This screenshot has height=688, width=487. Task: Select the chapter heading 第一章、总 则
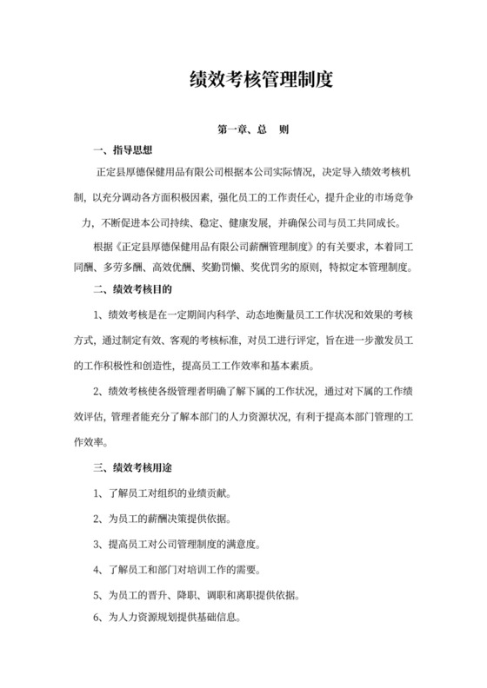(252, 129)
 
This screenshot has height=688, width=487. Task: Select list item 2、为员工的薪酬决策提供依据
(162, 519)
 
